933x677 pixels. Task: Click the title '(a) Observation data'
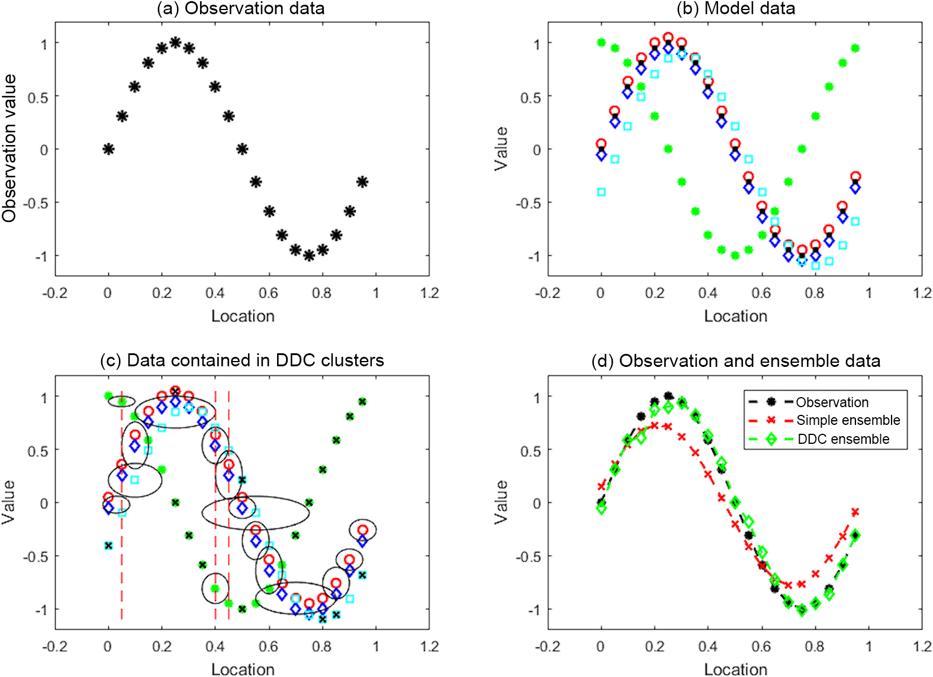coord(240,9)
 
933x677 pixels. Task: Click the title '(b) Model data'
coord(736,9)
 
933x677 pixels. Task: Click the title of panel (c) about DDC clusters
coord(242,360)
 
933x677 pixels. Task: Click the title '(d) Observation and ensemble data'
coord(735,361)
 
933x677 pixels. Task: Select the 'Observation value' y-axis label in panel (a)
coord(9,149)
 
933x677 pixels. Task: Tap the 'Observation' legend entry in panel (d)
coord(832,402)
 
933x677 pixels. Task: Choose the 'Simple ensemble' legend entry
coord(848,420)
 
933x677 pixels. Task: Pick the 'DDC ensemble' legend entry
coord(843,439)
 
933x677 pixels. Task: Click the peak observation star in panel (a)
coord(175,42)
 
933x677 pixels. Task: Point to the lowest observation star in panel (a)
coord(308,256)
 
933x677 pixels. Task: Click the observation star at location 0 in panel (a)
coord(108,149)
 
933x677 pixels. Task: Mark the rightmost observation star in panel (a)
coord(362,182)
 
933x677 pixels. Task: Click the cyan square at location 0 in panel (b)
coord(601,192)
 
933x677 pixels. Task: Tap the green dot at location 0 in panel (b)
coord(601,43)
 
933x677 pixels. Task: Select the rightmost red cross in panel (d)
coord(855,512)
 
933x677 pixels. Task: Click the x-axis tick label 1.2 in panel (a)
coord(429,293)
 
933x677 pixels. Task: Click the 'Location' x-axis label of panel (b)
coord(735,316)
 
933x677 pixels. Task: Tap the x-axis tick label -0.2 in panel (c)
coord(54,646)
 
